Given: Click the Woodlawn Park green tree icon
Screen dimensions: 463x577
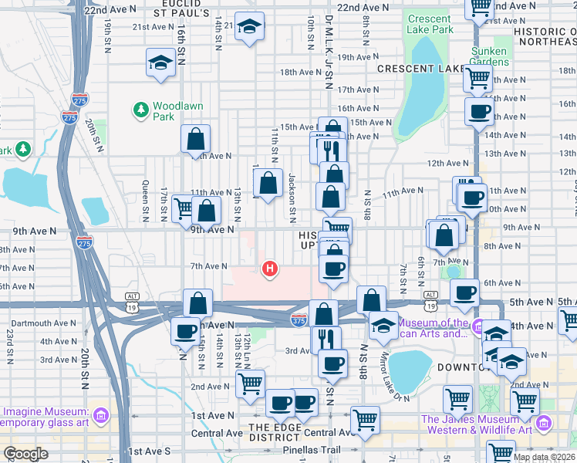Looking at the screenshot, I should (141, 110).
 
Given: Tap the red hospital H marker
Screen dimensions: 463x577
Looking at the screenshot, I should (270, 269).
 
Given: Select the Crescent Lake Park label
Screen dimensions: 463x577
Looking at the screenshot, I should (429, 24).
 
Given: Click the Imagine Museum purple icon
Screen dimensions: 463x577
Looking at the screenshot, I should (100, 417).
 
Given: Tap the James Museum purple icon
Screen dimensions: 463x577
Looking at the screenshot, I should (545, 423).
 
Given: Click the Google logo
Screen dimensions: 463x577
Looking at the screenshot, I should (26, 454).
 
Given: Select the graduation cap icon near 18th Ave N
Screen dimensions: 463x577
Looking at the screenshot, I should (160, 63).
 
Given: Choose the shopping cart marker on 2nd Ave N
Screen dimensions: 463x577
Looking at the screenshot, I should (250, 383).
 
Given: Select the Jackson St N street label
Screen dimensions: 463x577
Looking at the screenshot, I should (292, 194).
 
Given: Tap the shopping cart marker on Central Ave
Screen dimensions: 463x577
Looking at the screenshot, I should (365, 419).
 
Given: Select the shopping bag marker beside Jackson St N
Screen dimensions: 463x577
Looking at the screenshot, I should (268, 184).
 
